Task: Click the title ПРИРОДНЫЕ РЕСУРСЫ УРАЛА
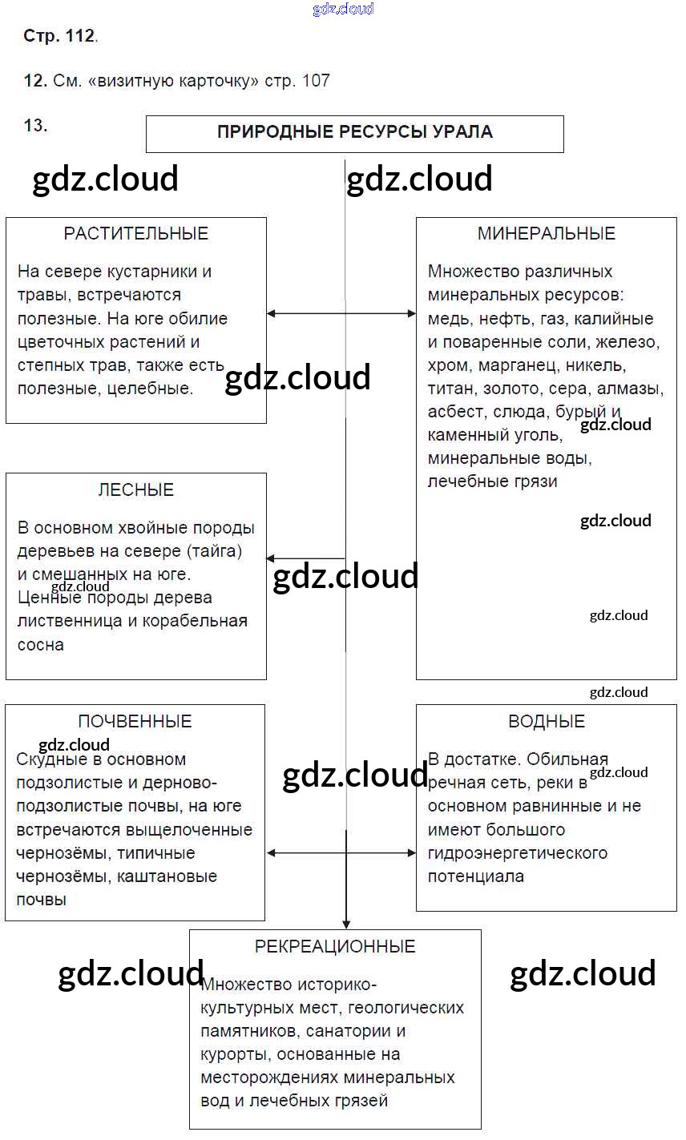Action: click(354, 132)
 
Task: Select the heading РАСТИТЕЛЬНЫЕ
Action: click(136, 234)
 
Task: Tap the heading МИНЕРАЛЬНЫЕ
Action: click(547, 234)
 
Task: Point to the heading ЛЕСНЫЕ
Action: click(136, 490)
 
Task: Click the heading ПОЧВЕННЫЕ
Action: click(135, 722)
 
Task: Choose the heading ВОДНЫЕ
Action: click(547, 722)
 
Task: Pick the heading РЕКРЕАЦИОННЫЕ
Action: click(335, 947)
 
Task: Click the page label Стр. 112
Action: click(59, 37)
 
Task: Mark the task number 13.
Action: click(35, 125)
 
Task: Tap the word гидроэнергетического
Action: click(518, 853)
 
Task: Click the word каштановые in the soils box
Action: click(167, 876)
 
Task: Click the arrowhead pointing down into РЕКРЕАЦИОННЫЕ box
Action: click(345, 923)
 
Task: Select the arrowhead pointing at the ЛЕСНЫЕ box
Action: click(272, 558)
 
